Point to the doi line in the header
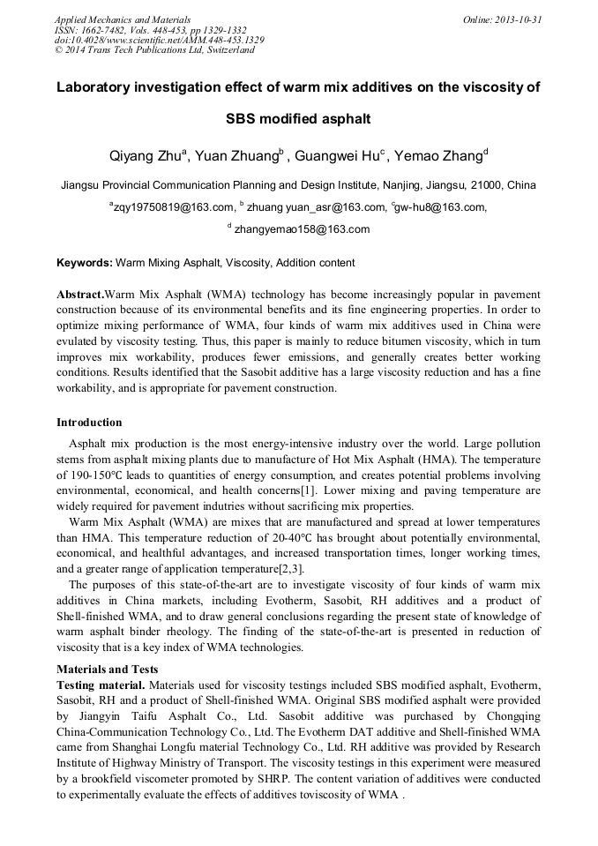(x=159, y=40)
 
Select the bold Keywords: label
(x=85, y=263)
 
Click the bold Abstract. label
(x=80, y=293)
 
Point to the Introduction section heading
(x=89, y=423)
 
